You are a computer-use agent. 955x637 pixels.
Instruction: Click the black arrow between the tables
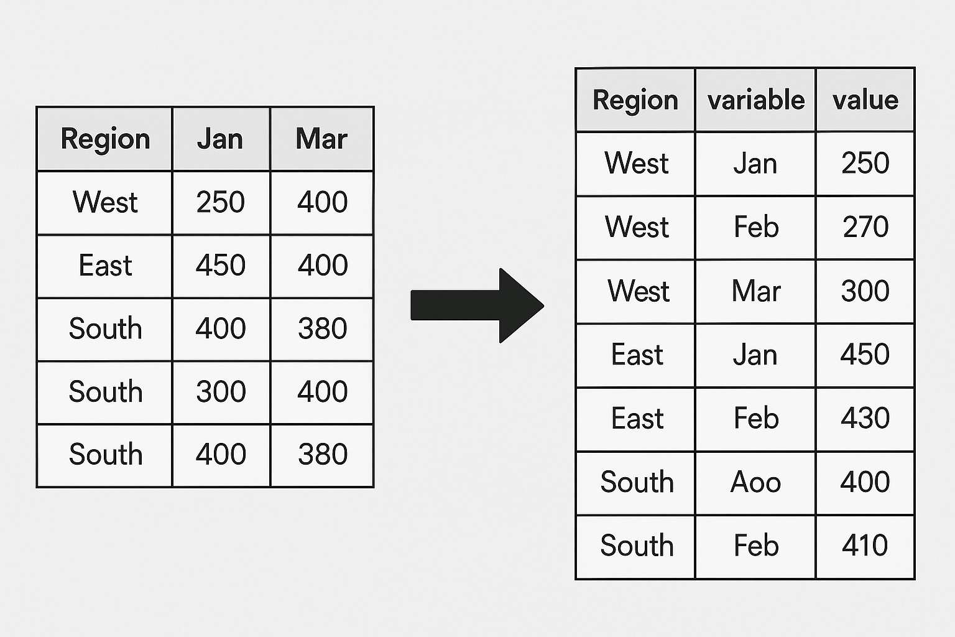point(477,305)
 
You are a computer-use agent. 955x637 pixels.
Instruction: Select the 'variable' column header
point(756,100)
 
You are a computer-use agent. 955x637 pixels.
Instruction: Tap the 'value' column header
point(865,100)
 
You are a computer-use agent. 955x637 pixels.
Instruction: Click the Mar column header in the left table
point(322,139)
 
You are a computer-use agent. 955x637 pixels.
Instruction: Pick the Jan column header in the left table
point(220,139)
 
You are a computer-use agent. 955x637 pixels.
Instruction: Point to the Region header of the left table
point(105,139)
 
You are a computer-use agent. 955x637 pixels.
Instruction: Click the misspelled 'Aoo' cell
point(755,482)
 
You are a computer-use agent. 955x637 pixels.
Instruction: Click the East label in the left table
point(105,265)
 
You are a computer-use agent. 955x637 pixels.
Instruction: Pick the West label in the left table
point(105,202)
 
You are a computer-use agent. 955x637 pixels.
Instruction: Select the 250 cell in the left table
point(221,202)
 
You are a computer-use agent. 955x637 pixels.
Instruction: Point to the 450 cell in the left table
point(221,265)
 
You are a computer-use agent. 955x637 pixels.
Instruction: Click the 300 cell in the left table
point(221,391)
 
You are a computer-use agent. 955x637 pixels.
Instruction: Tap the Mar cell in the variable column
point(756,291)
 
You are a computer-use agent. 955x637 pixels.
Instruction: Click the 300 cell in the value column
point(865,291)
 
